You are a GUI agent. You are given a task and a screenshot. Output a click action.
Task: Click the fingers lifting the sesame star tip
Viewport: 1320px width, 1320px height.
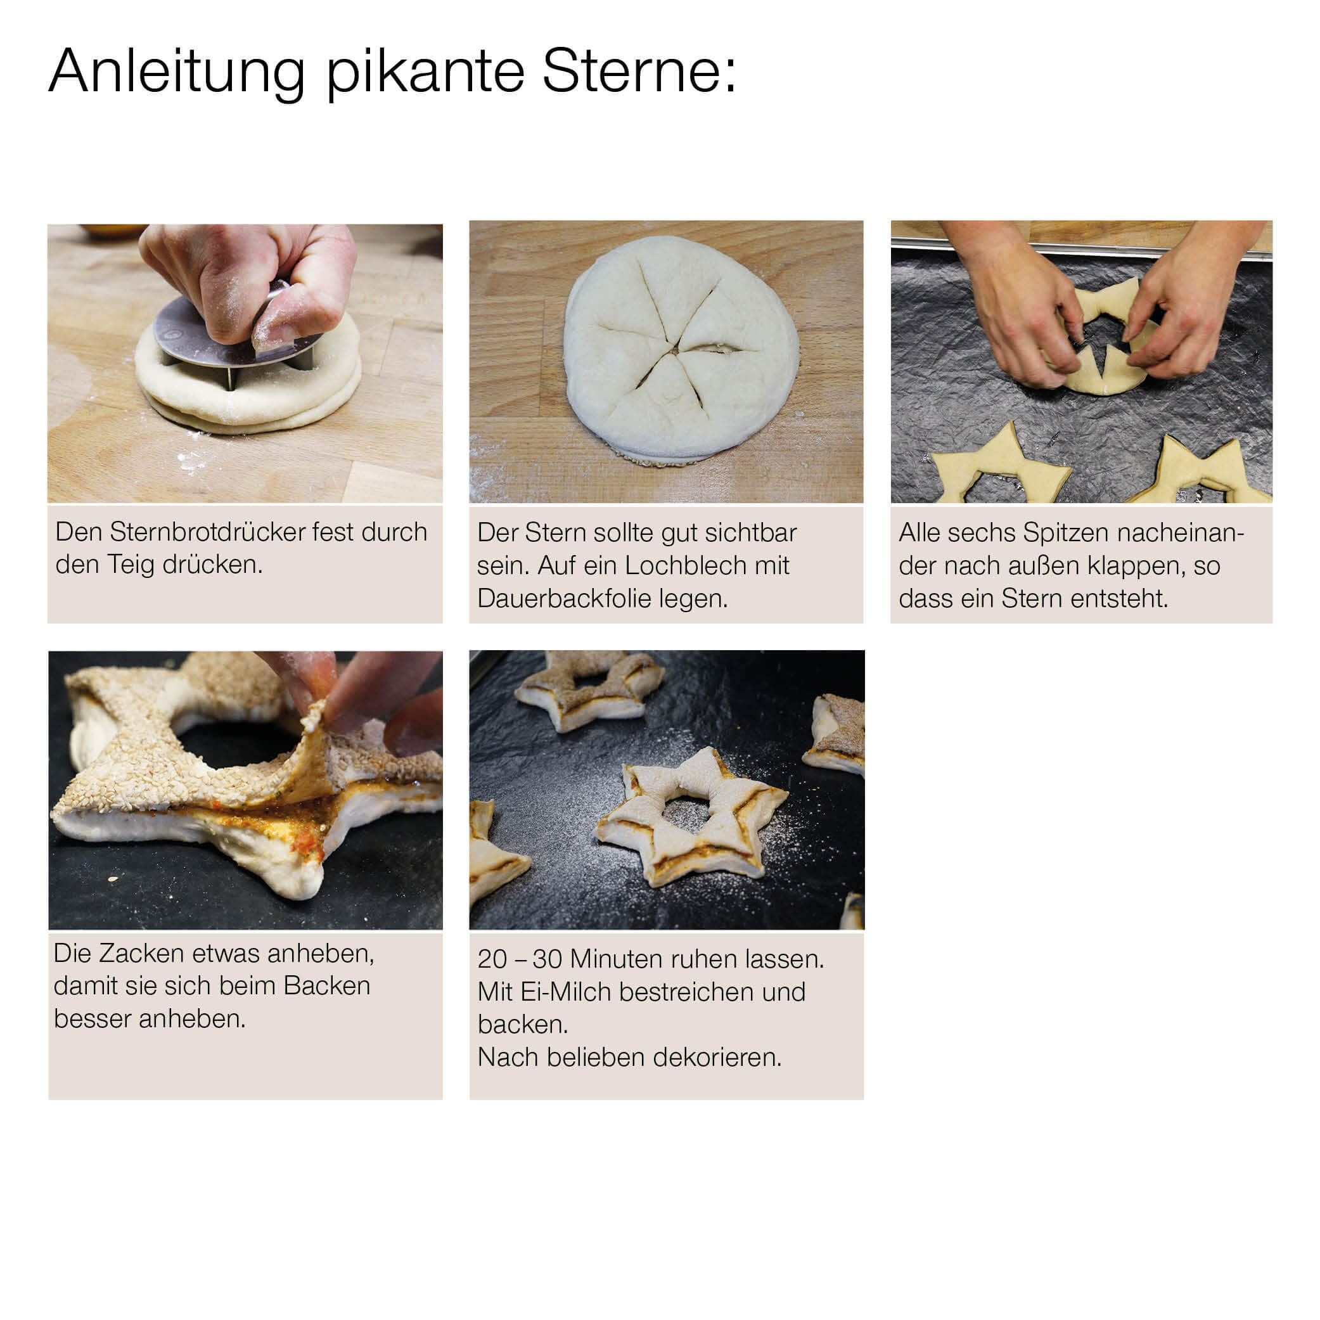click(362, 697)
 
